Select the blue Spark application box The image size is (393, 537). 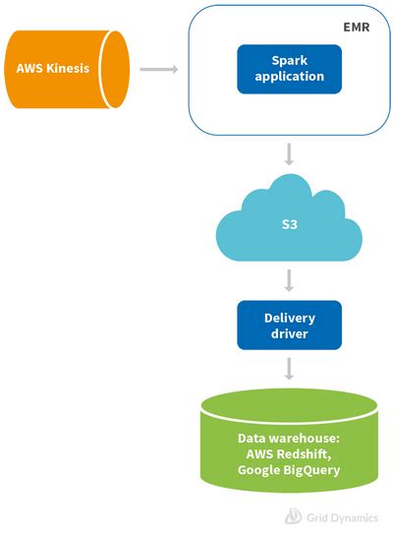[x=289, y=69]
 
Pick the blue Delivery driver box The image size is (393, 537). [x=289, y=326]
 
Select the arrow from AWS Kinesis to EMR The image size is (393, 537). [x=158, y=69]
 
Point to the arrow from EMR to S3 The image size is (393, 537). [x=289, y=154]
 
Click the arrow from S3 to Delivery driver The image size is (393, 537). [x=289, y=281]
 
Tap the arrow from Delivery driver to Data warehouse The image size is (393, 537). [x=289, y=369]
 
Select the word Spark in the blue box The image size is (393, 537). [x=289, y=61]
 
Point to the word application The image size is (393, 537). [x=289, y=77]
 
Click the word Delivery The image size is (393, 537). [x=289, y=318]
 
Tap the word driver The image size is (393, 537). [x=289, y=333]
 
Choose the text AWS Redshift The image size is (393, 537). [x=289, y=454]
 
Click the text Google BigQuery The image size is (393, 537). [x=289, y=470]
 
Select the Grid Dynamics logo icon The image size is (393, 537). [x=292, y=516]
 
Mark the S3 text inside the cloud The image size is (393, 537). [x=289, y=225]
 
